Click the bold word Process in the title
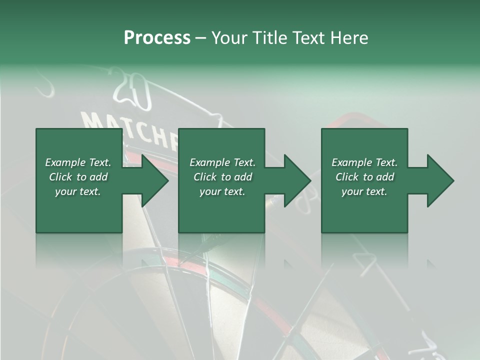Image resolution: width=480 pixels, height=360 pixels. point(157,38)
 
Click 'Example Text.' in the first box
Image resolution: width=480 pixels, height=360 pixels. point(78,162)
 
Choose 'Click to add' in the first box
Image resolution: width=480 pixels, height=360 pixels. point(78,177)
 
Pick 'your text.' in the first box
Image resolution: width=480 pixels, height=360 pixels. point(78,191)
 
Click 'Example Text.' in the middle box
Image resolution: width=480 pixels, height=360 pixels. point(222,162)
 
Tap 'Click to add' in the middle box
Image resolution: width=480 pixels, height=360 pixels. point(222,177)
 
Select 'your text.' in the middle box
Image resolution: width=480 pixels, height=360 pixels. point(222,191)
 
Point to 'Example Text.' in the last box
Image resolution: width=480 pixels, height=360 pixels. point(364,162)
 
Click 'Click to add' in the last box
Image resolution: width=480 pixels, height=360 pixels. point(364,177)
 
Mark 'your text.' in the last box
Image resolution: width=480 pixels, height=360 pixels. point(364,191)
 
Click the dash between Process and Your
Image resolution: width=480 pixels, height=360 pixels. point(201,38)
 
